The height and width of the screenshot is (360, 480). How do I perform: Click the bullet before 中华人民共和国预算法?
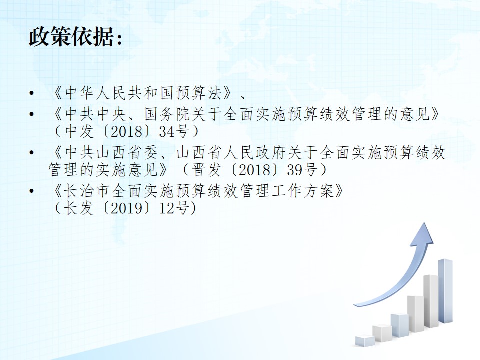click(31, 93)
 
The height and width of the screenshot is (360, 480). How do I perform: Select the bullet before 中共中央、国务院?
click(31, 114)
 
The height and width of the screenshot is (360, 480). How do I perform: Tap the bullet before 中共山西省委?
click(31, 152)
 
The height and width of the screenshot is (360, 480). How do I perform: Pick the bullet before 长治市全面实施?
click(31, 191)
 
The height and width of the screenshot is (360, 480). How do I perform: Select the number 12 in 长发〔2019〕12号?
click(167, 209)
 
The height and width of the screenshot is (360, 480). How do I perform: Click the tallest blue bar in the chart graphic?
click(445, 291)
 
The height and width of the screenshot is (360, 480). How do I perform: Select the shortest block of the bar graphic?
click(365, 340)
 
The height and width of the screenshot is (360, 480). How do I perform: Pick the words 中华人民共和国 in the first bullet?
click(112, 93)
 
